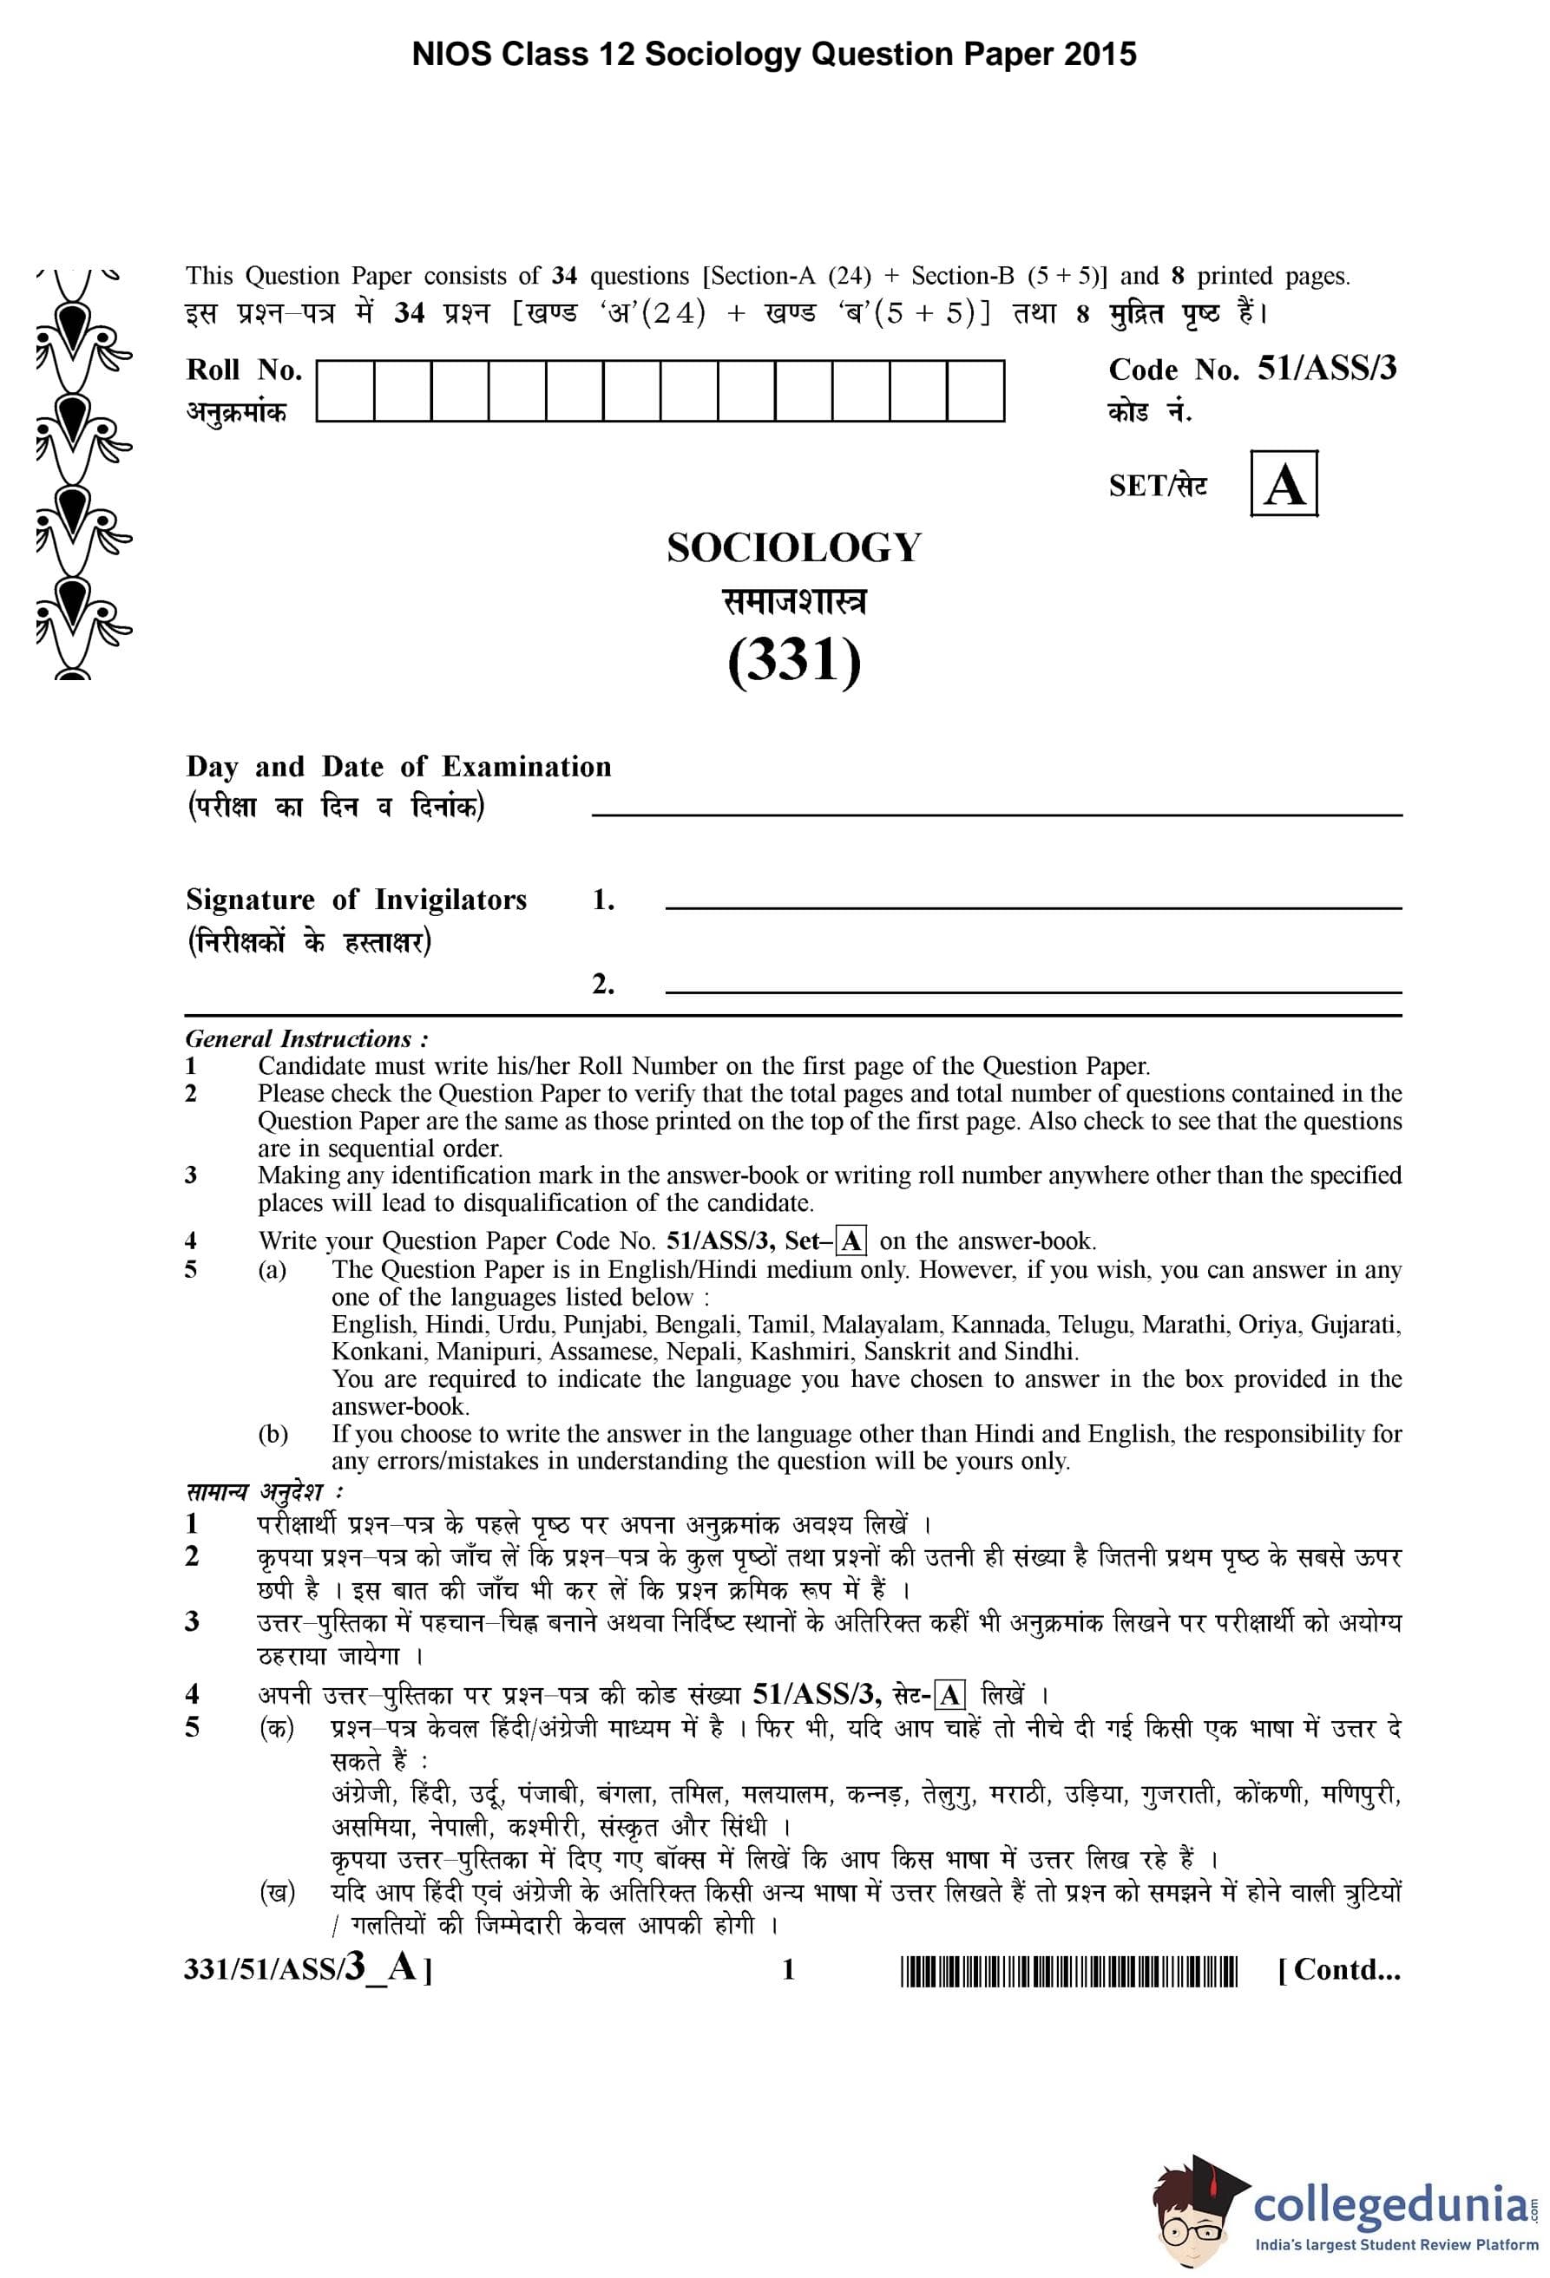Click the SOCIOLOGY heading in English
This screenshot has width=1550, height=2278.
(x=793, y=548)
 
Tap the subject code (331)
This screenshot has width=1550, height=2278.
(x=793, y=661)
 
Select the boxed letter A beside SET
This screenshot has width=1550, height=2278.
(x=1284, y=484)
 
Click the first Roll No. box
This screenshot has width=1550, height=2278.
(x=345, y=391)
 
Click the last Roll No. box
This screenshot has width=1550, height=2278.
(x=975, y=391)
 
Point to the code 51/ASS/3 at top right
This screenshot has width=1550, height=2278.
(x=1325, y=370)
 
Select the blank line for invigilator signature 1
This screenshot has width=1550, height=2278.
(x=1033, y=907)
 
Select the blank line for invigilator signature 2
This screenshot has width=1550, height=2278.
(x=1033, y=991)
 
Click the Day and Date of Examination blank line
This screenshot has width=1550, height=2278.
(x=996, y=813)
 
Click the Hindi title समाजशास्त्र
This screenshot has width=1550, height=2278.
(x=793, y=602)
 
